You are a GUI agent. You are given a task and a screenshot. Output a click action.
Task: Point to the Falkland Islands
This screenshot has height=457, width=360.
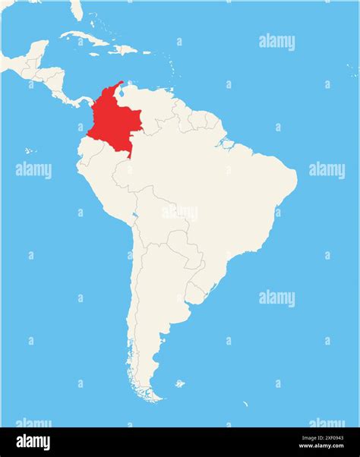click(179, 383)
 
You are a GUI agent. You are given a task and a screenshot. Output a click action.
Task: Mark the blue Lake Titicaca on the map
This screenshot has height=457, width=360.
click(134, 216)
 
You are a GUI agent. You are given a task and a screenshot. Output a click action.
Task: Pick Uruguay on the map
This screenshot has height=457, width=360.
click(195, 293)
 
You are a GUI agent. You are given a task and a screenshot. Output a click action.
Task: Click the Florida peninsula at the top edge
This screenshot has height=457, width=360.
click(75, 9)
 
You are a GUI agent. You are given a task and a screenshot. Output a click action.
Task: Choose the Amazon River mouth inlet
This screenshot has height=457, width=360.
click(225, 142)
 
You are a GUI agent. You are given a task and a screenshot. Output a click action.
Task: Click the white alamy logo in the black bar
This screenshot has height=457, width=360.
click(33, 443)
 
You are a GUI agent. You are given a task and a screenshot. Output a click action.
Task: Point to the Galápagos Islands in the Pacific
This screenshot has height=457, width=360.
click(29, 150)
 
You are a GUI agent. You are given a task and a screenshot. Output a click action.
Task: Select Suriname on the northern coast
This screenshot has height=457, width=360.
click(201, 122)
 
